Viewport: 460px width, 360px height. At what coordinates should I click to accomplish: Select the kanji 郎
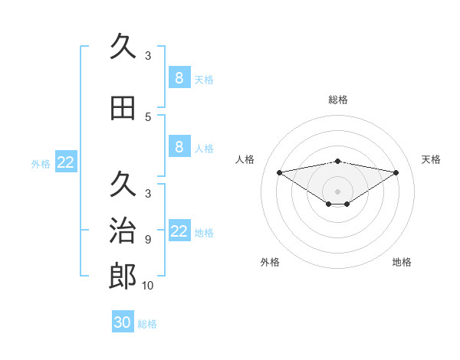(x=123, y=277)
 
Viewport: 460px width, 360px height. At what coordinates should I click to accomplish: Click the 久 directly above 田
(x=123, y=47)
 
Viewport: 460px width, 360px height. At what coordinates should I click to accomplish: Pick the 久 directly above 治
(x=123, y=185)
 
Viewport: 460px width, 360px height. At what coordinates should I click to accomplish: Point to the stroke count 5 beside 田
(x=148, y=117)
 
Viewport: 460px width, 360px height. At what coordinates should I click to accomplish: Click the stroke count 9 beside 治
(x=148, y=239)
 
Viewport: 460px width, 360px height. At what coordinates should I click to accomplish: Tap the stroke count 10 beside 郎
(x=148, y=286)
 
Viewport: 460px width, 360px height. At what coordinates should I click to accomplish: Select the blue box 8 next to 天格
(x=179, y=77)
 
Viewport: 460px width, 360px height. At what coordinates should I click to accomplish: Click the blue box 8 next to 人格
(x=179, y=146)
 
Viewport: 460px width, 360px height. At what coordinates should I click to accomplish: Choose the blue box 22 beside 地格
(x=179, y=231)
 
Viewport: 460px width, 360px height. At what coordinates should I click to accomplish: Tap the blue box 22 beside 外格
(x=66, y=162)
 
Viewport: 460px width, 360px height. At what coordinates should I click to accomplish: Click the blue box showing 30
(x=123, y=322)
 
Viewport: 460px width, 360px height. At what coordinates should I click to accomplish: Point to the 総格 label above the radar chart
(x=338, y=100)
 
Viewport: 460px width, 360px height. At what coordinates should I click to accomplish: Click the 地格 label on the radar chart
(x=402, y=262)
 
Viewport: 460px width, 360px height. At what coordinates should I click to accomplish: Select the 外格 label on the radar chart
(x=270, y=262)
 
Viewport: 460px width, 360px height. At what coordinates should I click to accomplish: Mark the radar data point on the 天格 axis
(x=396, y=172)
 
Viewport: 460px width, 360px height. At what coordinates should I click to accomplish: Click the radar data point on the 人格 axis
(x=279, y=172)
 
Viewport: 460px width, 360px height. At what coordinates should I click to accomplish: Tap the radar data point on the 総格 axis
(x=338, y=161)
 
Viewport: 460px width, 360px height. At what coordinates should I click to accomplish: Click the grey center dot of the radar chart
(x=338, y=191)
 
